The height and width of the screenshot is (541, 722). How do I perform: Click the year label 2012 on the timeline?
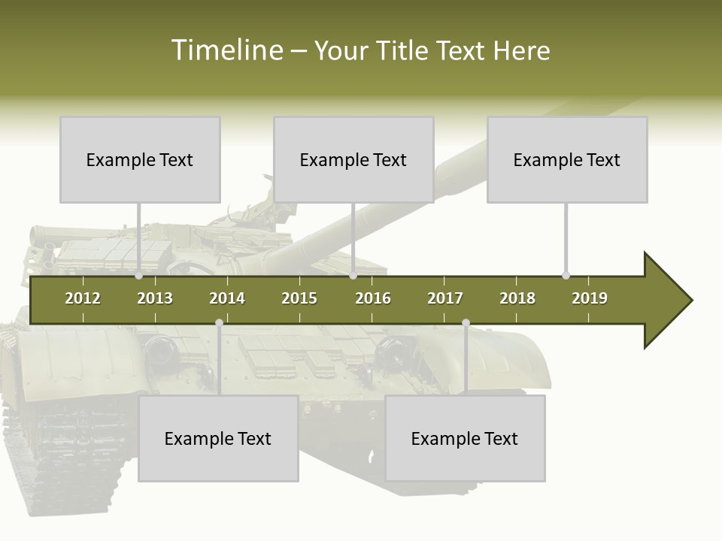tap(83, 298)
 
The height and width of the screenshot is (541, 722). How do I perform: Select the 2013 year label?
tap(155, 298)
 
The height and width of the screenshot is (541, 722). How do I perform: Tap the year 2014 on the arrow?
tap(227, 298)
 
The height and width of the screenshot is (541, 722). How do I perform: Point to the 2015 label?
tap(299, 298)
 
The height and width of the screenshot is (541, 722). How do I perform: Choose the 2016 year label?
tap(373, 298)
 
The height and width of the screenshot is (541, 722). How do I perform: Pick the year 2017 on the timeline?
tap(445, 298)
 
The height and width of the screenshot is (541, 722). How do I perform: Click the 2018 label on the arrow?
tap(517, 298)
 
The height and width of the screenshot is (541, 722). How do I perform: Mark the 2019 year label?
tap(590, 298)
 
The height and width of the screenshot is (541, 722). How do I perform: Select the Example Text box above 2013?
tap(140, 159)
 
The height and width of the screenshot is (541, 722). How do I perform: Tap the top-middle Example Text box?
tap(353, 159)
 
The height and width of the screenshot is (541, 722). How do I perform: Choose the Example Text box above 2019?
tap(567, 159)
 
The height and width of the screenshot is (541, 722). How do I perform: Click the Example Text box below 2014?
tap(218, 438)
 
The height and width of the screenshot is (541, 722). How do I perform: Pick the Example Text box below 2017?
tap(465, 438)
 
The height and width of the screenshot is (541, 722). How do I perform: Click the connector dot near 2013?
tap(139, 276)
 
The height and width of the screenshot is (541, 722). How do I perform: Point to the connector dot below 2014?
tap(219, 322)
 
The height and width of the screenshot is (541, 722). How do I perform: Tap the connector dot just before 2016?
tap(353, 276)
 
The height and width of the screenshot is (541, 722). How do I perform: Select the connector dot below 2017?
tap(466, 322)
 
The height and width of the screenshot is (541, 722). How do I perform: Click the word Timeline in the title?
tap(226, 50)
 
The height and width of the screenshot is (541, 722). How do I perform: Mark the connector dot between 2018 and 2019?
tap(566, 276)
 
